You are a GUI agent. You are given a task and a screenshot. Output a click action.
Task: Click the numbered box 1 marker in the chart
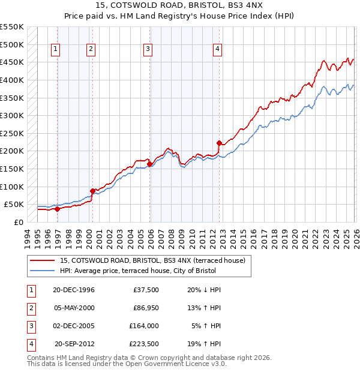(55, 50)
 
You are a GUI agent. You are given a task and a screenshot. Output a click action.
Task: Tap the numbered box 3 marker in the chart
(148, 50)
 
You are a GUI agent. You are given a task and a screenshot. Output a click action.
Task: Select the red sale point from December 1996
(58, 209)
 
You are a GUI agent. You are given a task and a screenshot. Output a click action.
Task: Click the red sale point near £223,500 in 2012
(219, 143)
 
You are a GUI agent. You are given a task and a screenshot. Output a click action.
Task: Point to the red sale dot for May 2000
(92, 191)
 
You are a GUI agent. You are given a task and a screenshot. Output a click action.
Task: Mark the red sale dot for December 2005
(150, 164)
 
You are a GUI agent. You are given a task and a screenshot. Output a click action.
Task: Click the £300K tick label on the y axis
(11, 115)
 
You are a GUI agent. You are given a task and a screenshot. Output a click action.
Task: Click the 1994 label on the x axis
(28, 238)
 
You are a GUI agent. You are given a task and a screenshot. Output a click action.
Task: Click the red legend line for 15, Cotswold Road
(42, 261)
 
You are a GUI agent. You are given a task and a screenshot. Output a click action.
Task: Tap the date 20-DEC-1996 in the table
(74, 289)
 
